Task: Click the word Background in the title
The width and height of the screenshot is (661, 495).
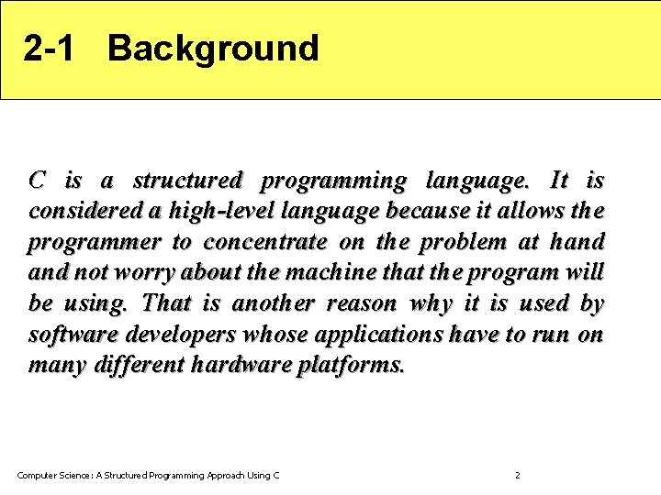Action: [x=213, y=49]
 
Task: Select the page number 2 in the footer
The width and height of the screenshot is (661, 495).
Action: [x=517, y=475]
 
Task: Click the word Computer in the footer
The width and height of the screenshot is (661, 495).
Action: [x=38, y=475]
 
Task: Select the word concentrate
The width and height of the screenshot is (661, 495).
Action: [x=264, y=243]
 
